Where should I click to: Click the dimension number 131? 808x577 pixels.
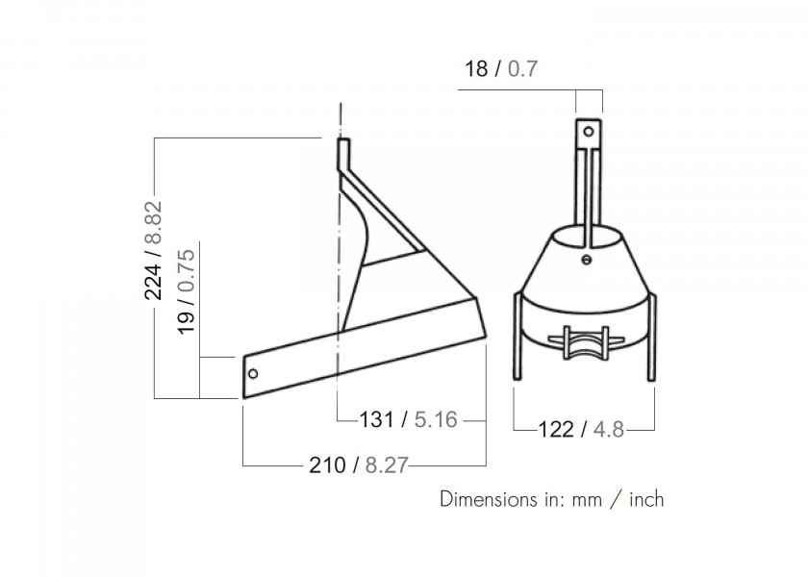tap(376, 420)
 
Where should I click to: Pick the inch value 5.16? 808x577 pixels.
tap(434, 420)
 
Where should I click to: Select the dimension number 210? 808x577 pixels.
tap(326, 465)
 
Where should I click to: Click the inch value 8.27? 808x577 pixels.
tap(385, 465)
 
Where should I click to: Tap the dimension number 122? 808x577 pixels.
tap(558, 429)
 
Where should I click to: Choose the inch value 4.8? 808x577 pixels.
tap(608, 429)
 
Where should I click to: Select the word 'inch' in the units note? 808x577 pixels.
tap(642, 500)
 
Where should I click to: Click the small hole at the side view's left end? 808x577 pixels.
tap(252, 373)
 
